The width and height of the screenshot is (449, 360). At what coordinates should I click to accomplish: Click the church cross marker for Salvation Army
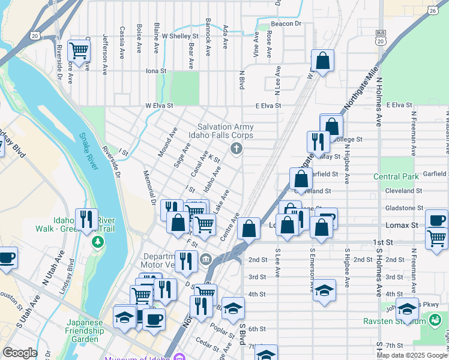click(x=237, y=148)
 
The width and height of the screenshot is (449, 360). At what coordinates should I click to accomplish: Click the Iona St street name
click(x=155, y=71)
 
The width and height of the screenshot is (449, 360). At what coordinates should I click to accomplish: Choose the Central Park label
click(x=396, y=176)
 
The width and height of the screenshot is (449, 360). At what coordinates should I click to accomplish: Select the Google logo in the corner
click(x=20, y=353)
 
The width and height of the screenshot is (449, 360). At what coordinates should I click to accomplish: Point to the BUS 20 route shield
click(x=380, y=37)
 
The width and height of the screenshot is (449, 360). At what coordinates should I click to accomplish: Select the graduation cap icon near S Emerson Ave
click(x=324, y=290)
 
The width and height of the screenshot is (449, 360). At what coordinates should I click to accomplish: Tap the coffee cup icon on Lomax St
click(x=436, y=220)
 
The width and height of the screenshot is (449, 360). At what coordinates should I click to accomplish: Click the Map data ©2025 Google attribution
click(x=411, y=355)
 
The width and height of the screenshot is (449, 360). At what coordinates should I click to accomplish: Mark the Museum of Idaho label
click(x=138, y=358)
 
